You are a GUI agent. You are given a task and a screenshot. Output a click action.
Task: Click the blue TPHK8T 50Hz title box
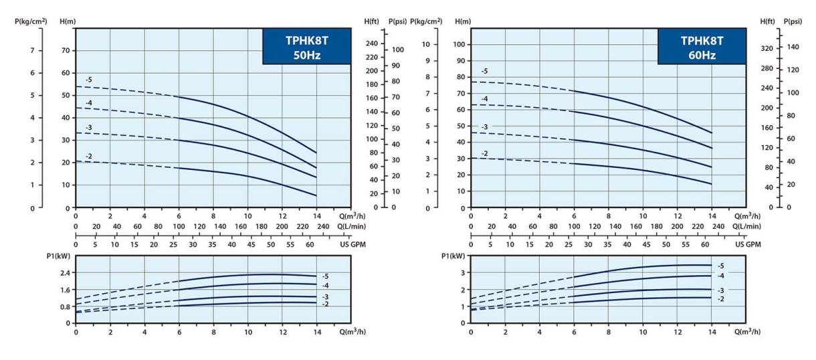click(x=306, y=47)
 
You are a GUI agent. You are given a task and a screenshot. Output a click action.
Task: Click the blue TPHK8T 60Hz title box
click(x=701, y=47)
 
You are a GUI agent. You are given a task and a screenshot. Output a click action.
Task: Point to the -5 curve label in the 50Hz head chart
click(x=88, y=80)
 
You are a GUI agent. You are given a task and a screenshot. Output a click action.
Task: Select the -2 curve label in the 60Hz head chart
click(x=484, y=153)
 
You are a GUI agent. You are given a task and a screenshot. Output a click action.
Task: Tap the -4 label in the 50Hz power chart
click(x=325, y=286)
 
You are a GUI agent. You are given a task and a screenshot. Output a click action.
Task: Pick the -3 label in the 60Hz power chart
click(x=720, y=291)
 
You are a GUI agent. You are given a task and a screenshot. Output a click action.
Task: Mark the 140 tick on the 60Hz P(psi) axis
click(x=794, y=46)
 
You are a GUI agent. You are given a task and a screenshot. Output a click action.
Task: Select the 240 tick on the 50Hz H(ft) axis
click(x=372, y=43)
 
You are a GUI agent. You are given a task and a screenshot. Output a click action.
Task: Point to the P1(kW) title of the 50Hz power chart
click(x=58, y=257)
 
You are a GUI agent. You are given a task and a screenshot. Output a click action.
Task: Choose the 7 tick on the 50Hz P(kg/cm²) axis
click(x=31, y=50)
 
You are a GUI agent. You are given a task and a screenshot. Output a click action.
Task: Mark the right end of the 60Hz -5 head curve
click(x=711, y=132)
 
